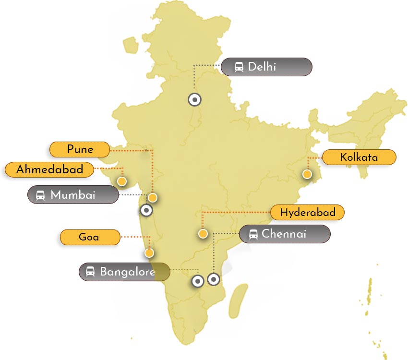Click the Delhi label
click(266, 67)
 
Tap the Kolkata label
click(359, 157)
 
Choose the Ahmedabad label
click(49, 169)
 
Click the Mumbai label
click(73, 195)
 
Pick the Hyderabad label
click(308, 212)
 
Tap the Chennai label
click(285, 234)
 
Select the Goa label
click(89, 237)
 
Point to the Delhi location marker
click(194, 100)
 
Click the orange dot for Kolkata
click(307, 174)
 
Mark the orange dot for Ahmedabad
click(122, 181)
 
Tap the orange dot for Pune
click(153, 197)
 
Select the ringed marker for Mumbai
click(146, 210)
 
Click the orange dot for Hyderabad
click(203, 234)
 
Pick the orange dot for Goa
click(149, 252)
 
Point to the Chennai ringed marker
click(213, 279)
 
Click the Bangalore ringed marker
click(198, 281)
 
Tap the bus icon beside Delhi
click(239, 67)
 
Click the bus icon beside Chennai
click(252, 234)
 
